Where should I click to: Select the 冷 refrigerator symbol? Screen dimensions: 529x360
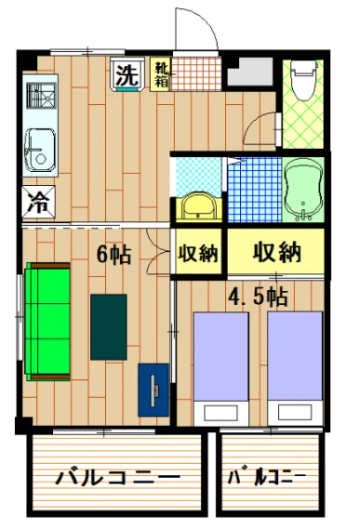click(x=39, y=199)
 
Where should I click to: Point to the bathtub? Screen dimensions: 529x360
click(x=304, y=189)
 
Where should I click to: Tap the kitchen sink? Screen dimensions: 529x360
click(x=39, y=151)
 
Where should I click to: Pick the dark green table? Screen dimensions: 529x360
click(x=108, y=325)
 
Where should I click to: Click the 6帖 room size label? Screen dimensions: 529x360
click(x=113, y=255)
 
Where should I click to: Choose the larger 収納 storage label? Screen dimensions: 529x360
click(x=277, y=253)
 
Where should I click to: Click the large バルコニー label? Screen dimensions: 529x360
click(x=118, y=479)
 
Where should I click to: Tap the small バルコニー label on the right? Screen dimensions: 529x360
click(x=267, y=479)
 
